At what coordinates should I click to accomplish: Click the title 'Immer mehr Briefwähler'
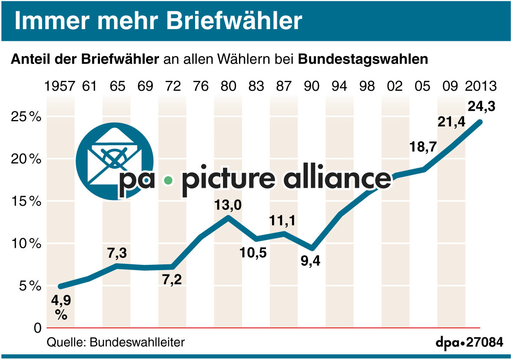[158, 21]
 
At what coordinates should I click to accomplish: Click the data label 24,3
[481, 106]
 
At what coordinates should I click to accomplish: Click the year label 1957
[60, 86]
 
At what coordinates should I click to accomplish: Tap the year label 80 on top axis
[229, 86]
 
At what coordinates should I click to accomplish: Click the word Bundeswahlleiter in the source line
[137, 342]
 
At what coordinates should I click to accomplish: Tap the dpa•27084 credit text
[469, 342]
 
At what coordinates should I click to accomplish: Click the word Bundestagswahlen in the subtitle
[363, 60]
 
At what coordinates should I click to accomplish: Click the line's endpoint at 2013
[480, 122]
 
